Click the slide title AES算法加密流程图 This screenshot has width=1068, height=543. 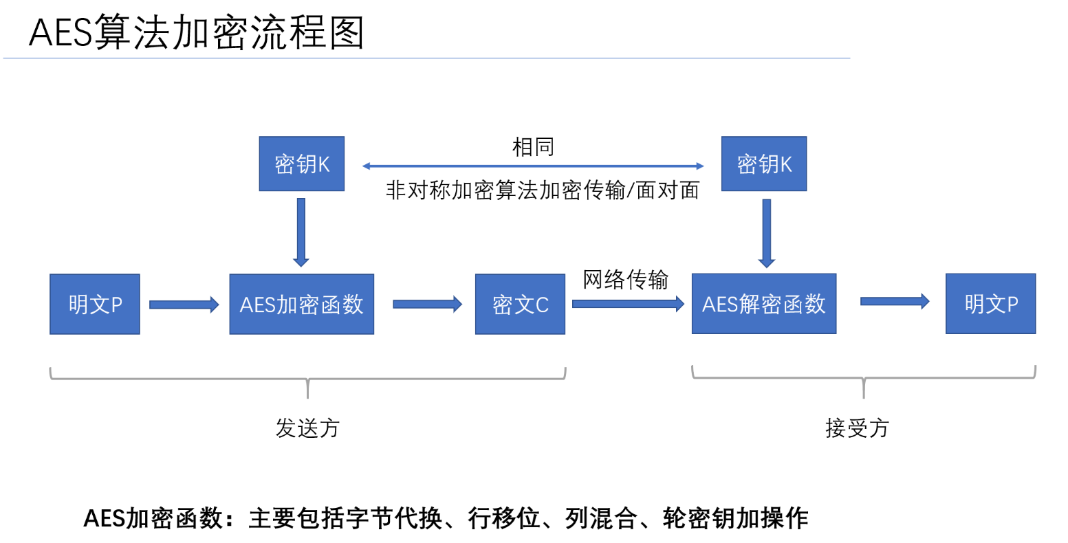pos(196,32)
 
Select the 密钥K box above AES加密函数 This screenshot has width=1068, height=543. pos(301,164)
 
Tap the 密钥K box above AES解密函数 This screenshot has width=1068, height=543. pos(763,164)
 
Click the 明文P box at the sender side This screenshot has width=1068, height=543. pos(95,304)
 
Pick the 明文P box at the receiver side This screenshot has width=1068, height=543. pos(990,304)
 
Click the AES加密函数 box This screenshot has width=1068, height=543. pos(301,304)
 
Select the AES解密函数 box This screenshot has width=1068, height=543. pos(763,304)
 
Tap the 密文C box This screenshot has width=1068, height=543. pos(520,304)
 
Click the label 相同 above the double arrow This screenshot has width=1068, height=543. pos(533,146)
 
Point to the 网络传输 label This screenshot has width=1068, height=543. pos(625,280)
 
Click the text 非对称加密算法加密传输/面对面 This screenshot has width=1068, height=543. pos(542,190)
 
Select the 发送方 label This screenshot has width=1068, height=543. pos(307,428)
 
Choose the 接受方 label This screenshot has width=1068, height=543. pos(857,428)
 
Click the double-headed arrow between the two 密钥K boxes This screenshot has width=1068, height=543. pos(533,166)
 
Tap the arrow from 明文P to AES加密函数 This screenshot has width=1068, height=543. pos(184,304)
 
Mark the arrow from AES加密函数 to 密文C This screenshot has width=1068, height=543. pos(427,304)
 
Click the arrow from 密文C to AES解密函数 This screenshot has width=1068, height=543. pos(628,304)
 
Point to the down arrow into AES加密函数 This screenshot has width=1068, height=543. pos(301,232)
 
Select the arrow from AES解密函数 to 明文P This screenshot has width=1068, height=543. pos(894,301)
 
